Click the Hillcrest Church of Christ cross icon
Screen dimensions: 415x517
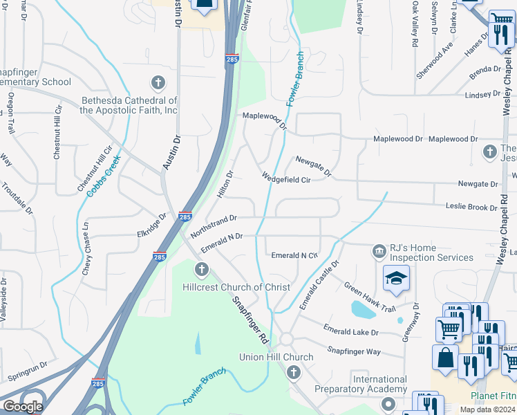point(201,269)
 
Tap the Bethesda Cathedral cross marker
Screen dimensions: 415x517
point(158,84)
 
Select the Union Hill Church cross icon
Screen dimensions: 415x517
point(293,373)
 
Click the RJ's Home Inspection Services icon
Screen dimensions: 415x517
point(379,250)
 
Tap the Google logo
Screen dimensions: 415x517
point(23,407)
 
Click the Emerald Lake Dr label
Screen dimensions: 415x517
point(350,332)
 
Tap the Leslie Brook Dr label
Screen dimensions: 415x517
point(471,207)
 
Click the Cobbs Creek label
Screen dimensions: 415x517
point(104,175)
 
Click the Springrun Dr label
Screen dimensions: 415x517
point(28,371)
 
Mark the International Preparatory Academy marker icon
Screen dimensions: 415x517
point(388,403)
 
